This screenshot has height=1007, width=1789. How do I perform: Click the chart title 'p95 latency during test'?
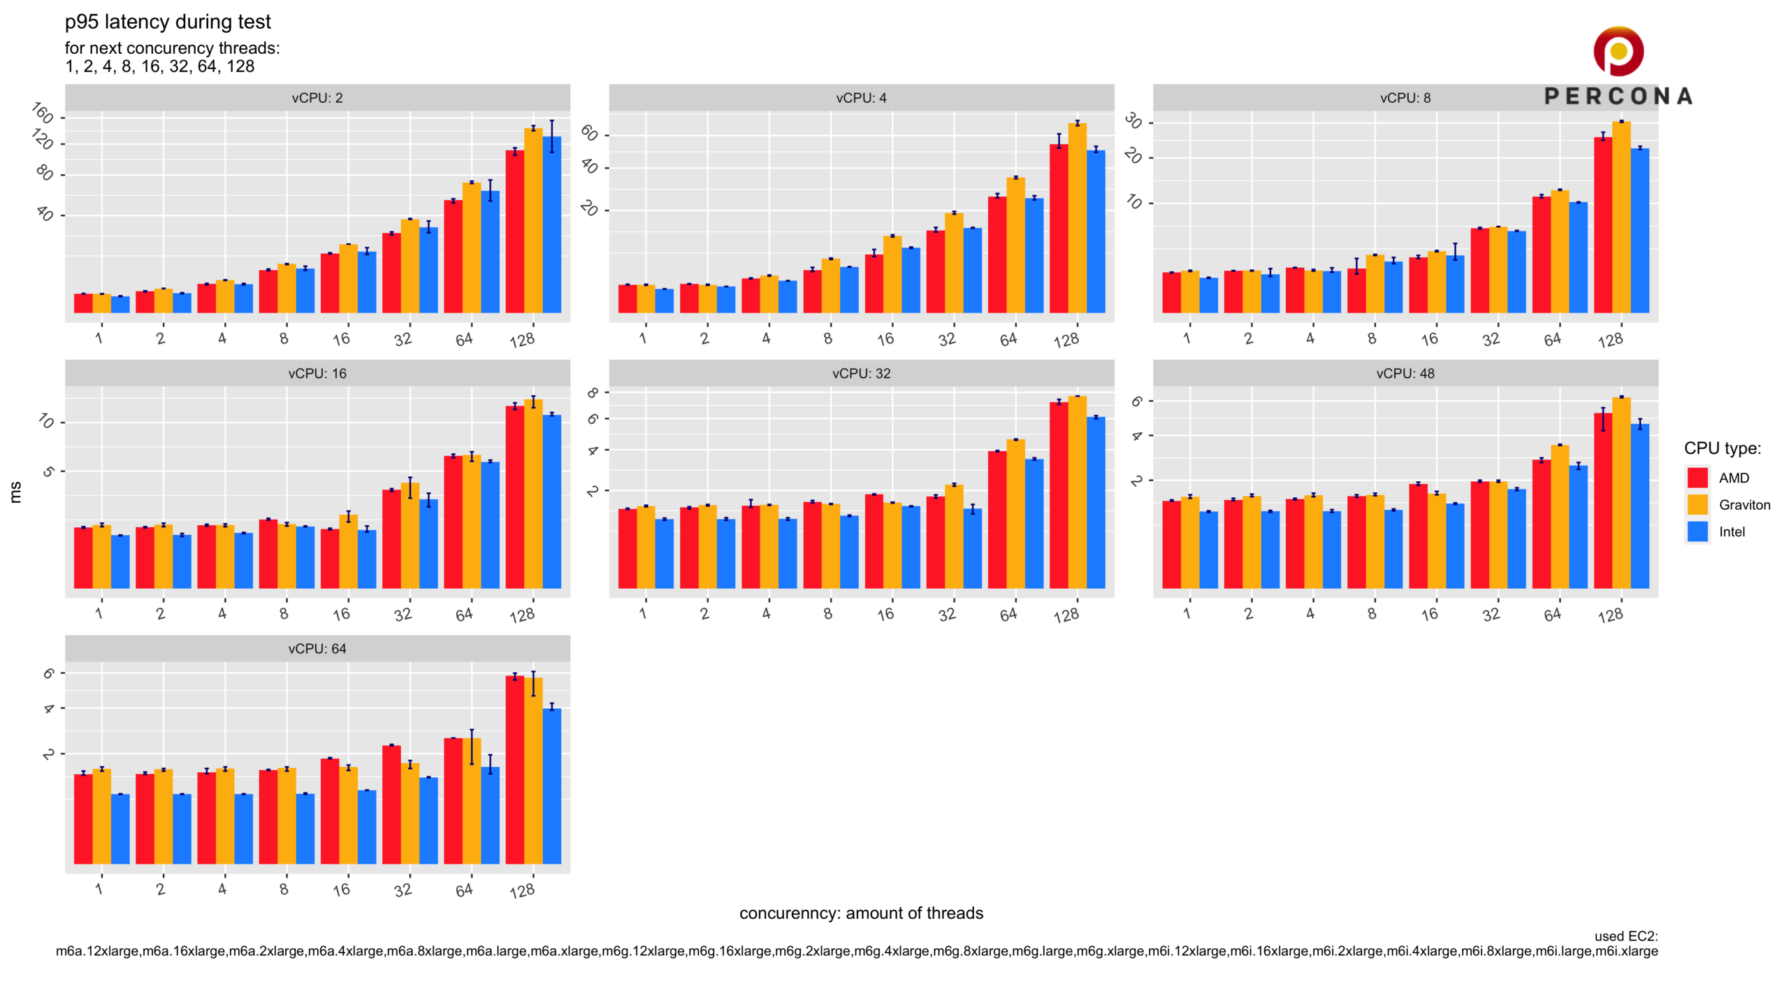click(168, 22)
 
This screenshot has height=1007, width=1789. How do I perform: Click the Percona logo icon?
click(1618, 51)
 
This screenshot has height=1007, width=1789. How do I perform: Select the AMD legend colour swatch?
click(1697, 478)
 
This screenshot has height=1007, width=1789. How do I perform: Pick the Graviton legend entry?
click(1744, 505)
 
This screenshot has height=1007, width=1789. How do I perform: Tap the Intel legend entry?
click(1732, 532)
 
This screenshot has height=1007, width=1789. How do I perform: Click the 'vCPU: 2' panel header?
click(317, 98)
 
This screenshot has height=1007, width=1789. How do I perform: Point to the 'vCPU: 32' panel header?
click(861, 373)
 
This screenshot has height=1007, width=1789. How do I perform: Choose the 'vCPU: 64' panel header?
click(317, 649)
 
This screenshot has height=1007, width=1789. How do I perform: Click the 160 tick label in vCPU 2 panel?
click(43, 112)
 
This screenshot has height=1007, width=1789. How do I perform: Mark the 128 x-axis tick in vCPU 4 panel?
click(1067, 341)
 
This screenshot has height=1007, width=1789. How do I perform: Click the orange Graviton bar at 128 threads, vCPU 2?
click(533, 220)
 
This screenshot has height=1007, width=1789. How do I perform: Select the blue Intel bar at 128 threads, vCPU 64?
click(552, 786)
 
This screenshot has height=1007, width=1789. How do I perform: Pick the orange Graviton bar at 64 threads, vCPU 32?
click(1015, 513)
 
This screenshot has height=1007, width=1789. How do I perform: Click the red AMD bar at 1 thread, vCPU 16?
click(83, 557)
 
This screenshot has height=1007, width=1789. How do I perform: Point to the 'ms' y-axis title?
click(15, 492)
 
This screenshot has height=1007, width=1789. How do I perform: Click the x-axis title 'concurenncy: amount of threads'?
click(861, 913)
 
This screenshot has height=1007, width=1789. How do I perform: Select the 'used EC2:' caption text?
click(1625, 936)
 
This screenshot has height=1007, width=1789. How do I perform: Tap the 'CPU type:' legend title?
click(1722, 448)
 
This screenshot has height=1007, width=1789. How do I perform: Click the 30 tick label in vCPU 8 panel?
click(1133, 122)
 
